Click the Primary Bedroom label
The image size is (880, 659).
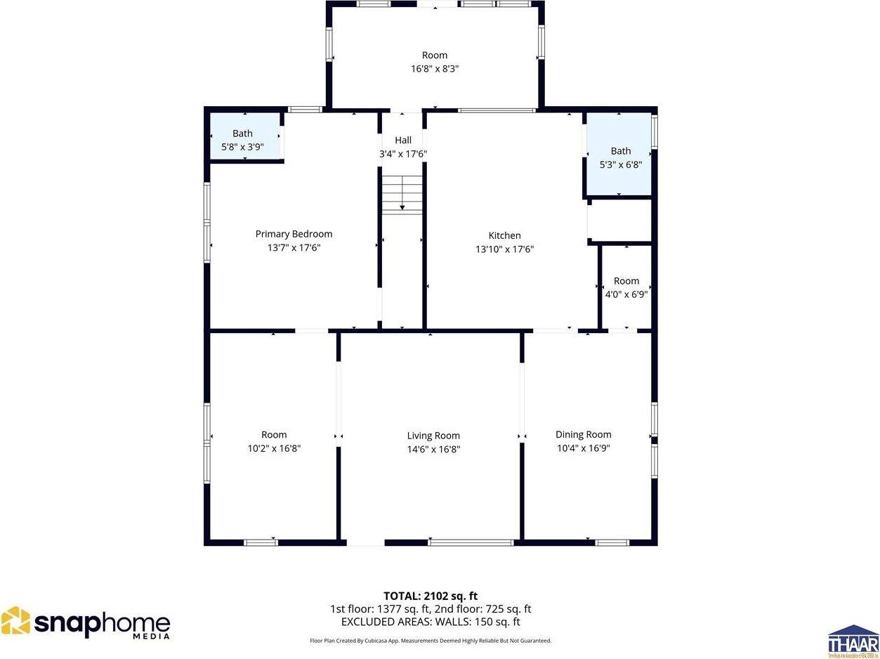pyautogui.click(x=294, y=234)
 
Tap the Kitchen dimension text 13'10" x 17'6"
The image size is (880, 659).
pyautogui.click(x=504, y=249)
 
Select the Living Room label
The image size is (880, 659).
pyautogui.click(x=433, y=436)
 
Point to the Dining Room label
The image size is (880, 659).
pyautogui.click(x=583, y=434)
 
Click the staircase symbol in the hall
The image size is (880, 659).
pyautogui.click(x=402, y=194)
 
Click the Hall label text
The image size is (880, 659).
pyautogui.click(x=403, y=141)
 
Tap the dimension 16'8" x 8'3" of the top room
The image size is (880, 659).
pyautogui.click(x=435, y=69)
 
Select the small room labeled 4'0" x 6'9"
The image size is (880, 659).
pyautogui.click(x=626, y=287)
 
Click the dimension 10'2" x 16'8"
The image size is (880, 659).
pyautogui.click(x=274, y=448)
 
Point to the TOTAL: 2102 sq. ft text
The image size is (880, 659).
pyautogui.click(x=431, y=596)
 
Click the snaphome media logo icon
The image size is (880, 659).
pyautogui.click(x=15, y=622)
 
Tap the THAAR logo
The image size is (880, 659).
pyautogui.click(x=853, y=640)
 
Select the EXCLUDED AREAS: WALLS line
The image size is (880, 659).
pyautogui.click(x=431, y=622)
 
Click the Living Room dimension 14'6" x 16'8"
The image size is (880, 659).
pyautogui.click(x=433, y=450)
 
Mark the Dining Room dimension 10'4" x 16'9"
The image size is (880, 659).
pyautogui.click(x=583, y=448)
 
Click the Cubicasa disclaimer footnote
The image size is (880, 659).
pyautogui.click(x=431, y=641)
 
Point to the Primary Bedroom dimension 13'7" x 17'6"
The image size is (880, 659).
pyautogui.click(x=294, y=248)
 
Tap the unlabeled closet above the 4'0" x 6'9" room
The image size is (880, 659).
pyautogui.click(x=620, y=221)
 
